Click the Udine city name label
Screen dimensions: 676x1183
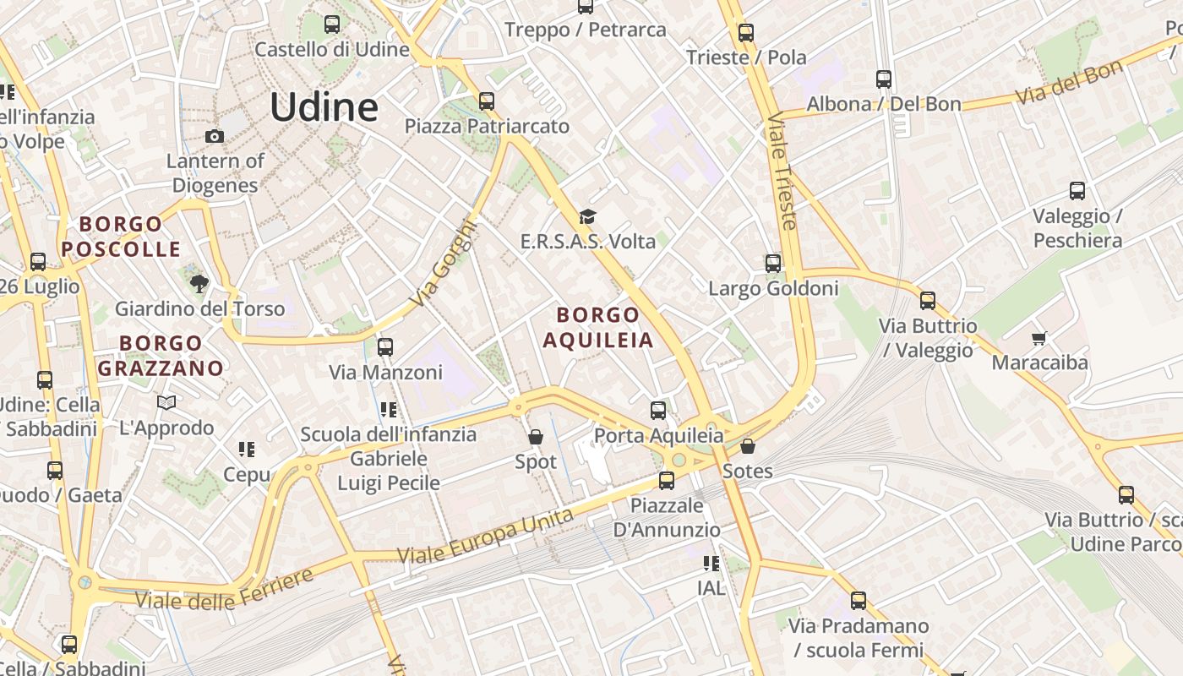324,107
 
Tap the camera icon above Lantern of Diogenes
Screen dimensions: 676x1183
215,136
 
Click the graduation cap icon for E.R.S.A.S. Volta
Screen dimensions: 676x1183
587,218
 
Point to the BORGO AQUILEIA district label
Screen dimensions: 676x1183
598,327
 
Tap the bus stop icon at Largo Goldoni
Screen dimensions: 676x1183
772,264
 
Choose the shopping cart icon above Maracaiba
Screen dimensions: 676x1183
1039,338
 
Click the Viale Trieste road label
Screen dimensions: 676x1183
782,172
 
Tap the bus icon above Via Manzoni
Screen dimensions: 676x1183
385,347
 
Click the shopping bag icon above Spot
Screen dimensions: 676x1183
536,437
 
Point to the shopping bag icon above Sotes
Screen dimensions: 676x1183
747,445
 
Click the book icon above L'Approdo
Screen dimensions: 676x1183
166,403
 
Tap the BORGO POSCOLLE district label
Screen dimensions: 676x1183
122,237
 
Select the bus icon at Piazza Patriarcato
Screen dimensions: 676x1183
487,101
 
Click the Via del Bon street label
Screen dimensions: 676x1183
1068,83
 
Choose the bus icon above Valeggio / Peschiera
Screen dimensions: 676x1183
1077,191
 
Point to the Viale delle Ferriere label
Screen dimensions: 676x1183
224,590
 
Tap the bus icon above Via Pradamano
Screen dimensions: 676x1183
859,601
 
